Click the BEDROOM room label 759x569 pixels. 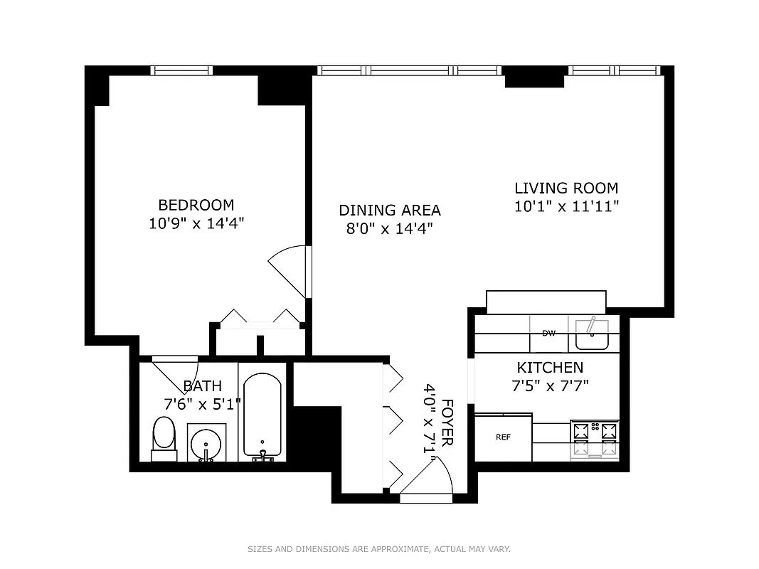coord(196,205)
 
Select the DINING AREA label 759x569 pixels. coord(389,211)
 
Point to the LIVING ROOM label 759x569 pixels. coord(566,188)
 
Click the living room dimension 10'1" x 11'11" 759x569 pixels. coord(566,207)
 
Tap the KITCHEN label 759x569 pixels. coord(550,368)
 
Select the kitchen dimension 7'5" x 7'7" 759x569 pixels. coord(550,385)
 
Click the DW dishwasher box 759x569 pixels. coord(548,334)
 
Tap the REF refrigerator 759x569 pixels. coord(503,437)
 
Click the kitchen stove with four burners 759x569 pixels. coord(595,439)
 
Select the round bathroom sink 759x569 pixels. coord(206,442)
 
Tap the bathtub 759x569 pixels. coord(262,415)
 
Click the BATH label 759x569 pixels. coord(202,386)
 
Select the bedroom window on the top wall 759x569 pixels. coord(183,70)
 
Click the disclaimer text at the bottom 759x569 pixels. coord(379,549)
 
